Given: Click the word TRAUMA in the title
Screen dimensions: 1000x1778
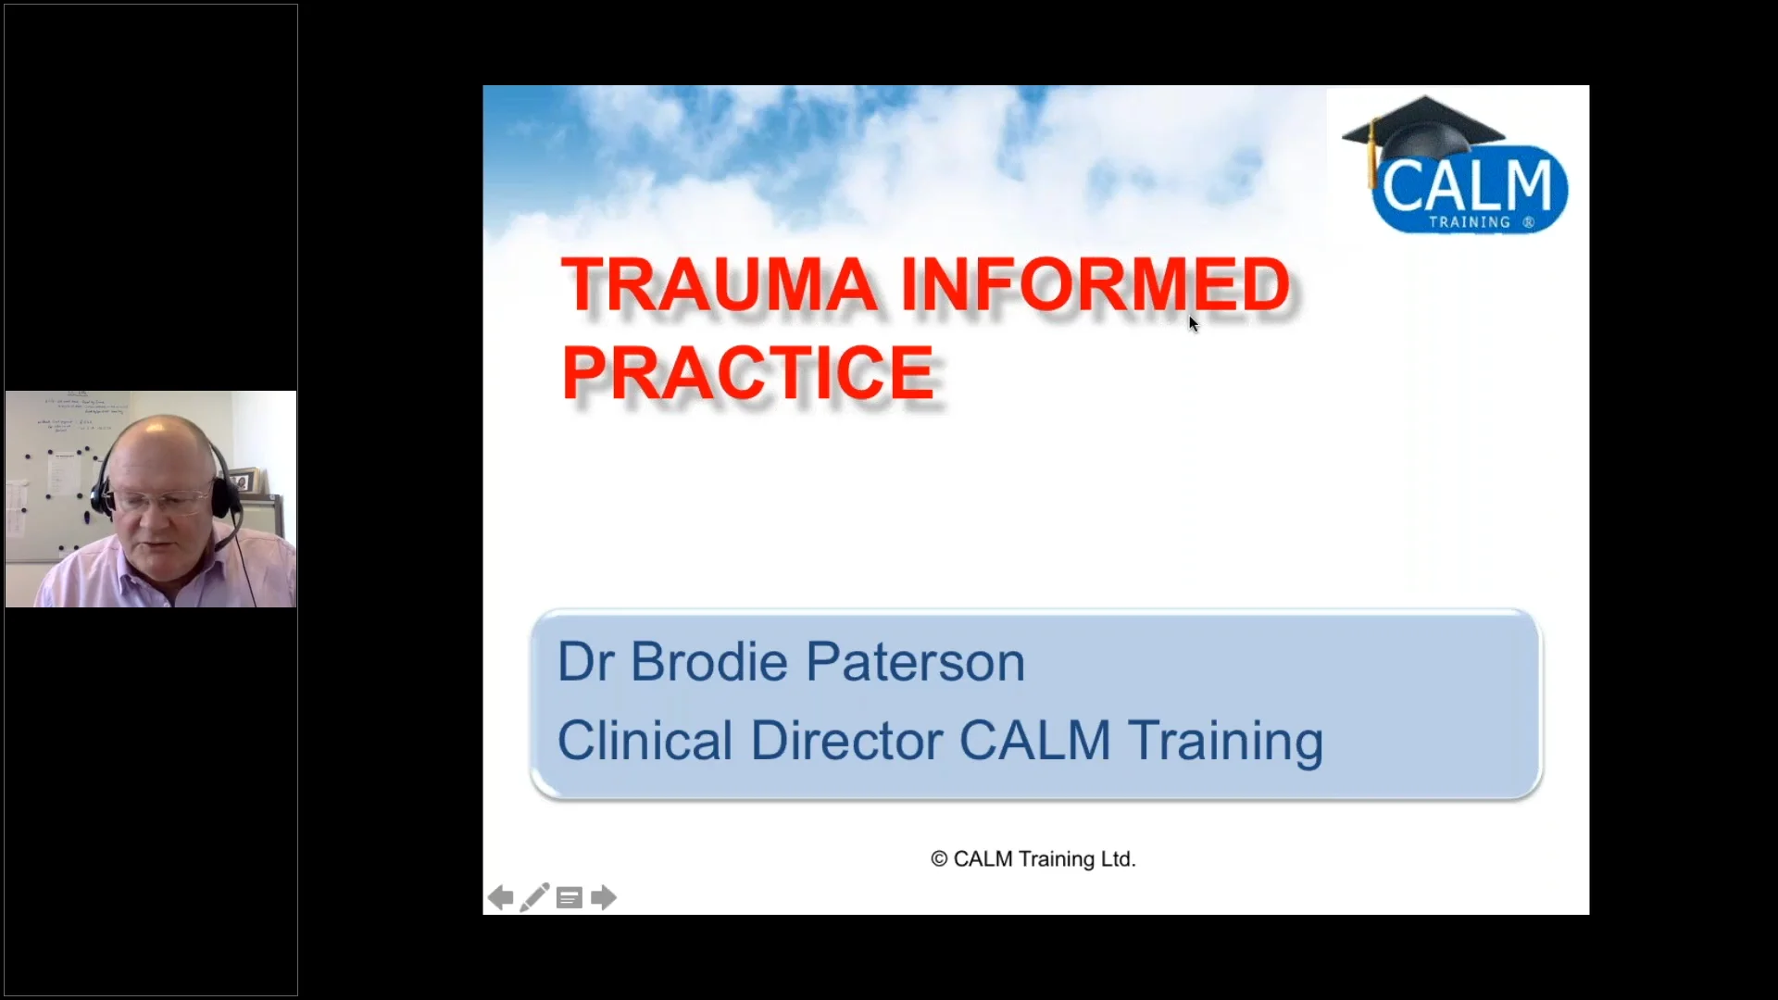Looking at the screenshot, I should [x=719, y=284].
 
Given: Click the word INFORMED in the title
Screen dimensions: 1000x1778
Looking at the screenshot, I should [x=1096, y=284].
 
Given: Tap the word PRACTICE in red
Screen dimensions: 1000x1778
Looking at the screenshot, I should [x=748, y=372].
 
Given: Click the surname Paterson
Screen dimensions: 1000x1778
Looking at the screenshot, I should [x=915, y=662].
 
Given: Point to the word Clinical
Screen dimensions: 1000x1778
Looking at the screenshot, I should [x=645, y=741].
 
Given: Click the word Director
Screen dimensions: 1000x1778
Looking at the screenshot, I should [x=846, y=741].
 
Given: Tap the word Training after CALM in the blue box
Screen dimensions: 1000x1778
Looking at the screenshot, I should [x=1225, y=741].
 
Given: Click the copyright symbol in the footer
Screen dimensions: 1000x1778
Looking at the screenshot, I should [x=939, y=859].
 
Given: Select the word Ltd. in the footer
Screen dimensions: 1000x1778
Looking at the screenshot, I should [x=1118, y=859].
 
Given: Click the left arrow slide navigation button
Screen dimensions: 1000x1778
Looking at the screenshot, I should [x=500, y=897].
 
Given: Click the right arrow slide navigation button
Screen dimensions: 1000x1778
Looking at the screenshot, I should [x=604, y=897].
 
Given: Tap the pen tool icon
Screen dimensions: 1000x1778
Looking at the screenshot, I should [x=534, y=897].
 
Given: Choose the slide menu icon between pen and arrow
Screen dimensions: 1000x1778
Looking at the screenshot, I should [x=570, y=897].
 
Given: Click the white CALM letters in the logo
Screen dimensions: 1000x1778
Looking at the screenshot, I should [x=1467, y=185].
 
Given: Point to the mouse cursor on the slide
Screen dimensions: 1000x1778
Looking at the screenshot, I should [x=1193, y=323].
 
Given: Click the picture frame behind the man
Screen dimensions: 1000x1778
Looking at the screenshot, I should [x=244, y=480].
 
